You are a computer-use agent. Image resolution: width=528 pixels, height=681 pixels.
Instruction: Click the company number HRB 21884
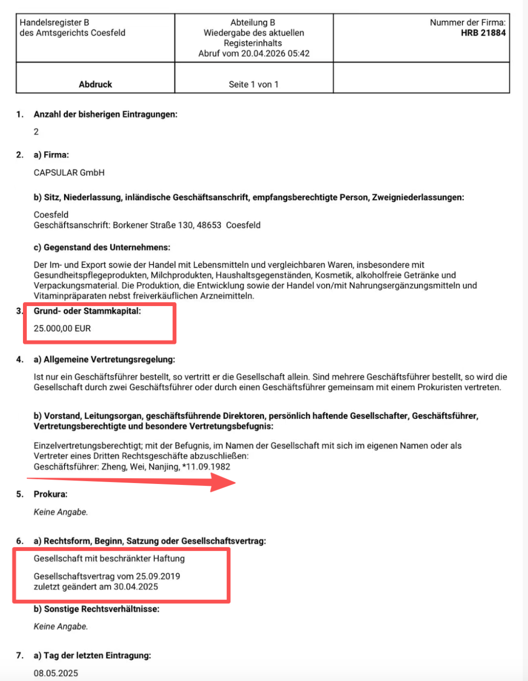[x=483, y=33]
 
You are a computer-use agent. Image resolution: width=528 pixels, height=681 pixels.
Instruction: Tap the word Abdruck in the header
[x=95, y=84]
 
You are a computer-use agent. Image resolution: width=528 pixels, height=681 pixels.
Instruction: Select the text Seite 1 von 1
[x=253, y=84]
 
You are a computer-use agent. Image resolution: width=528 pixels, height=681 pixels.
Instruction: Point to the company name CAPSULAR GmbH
[x=69, y=173]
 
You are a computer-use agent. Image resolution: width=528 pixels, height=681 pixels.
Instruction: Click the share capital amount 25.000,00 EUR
[x=62, y=329]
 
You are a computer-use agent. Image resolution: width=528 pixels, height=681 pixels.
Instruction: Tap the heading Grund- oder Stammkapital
[x=87, y=311]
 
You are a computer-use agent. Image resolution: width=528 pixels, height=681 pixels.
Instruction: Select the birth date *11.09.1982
[x=206, y=466]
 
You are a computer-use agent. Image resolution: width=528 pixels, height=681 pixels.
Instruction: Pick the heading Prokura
[x=50, y=494]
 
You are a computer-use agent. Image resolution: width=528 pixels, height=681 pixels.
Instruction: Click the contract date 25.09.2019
[x=158, y=576]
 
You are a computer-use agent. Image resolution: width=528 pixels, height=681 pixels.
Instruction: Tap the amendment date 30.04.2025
[x=136, y=587]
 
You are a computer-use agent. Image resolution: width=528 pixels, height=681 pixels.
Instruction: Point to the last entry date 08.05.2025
[x=56, y=673]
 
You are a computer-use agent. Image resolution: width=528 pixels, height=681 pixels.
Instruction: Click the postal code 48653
[x=209, y=225]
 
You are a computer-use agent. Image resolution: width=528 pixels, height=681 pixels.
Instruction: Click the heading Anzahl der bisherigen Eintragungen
[x=105, y=114]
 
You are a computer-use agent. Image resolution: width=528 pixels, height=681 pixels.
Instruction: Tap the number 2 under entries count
[x=36, y=132]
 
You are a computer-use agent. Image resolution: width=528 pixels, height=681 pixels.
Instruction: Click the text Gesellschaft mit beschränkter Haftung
[x=109, y=558]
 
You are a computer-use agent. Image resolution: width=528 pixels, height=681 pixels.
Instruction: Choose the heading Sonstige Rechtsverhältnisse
[x=101, y=609]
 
